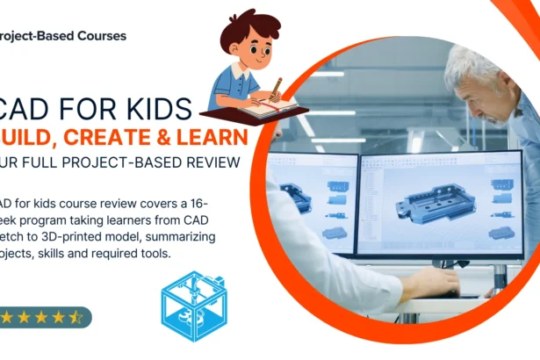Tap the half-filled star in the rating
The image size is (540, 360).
(x=77, y=316)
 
